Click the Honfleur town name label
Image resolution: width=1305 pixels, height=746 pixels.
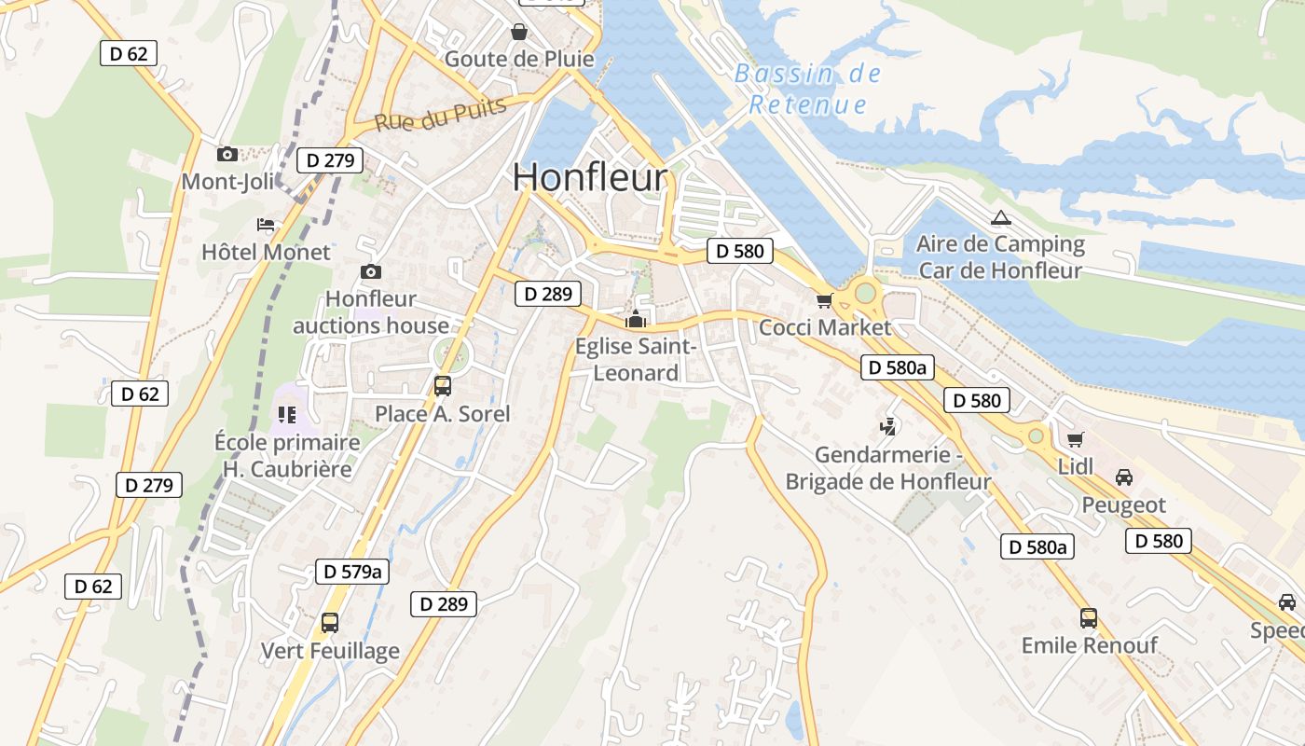(x=590, y=177)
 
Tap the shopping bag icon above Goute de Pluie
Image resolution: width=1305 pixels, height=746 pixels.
(x=519, y=33)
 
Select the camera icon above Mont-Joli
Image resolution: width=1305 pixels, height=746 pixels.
(x=227, y=154)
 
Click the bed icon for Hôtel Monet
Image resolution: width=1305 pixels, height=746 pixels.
(x=266, y=225)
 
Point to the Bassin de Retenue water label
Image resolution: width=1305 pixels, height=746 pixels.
(x=808, y=89)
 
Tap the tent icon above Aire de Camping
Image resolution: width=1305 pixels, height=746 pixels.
(x=1001, y=218)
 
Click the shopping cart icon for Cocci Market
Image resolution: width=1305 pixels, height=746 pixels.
(x=823, y=300)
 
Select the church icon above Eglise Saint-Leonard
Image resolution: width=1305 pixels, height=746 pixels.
(x=636, y=320)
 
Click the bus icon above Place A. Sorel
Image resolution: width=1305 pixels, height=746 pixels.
(x=443, y=386)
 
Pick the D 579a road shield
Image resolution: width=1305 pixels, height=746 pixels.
(x=351, y=571)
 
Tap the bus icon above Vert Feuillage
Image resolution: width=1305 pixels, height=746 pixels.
(x=329, y=623)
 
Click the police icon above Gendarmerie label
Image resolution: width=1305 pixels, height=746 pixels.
(x=887, y=428)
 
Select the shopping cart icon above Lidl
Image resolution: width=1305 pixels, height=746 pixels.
(x=1075, y=439)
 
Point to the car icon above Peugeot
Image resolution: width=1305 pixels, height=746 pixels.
(x=1124, y=477)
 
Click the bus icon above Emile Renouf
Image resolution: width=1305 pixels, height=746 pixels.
(x=1088, y=617)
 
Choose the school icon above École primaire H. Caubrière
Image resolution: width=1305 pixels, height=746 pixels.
(x=286, y=414)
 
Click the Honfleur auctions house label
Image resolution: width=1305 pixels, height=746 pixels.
(x=371, y=312)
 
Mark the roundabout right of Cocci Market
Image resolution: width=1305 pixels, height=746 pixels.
(x=865, y=293)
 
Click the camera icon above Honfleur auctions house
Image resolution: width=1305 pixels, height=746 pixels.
(x=371, y=271)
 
